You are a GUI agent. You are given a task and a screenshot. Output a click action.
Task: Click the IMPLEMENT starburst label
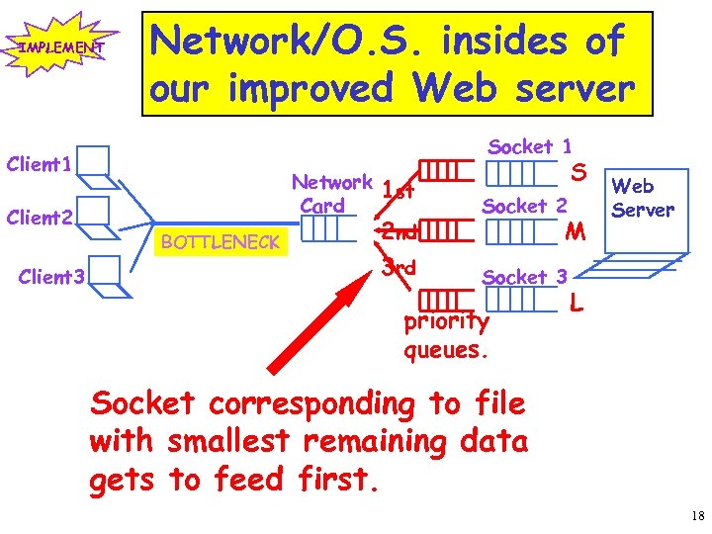(57, 46)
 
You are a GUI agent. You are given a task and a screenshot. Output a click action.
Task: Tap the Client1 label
(40, 164)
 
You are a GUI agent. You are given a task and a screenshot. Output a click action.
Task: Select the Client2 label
(41, 217)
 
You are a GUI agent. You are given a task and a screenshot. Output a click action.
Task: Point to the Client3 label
(52, 278)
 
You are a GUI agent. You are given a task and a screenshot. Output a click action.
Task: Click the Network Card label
(331, 194)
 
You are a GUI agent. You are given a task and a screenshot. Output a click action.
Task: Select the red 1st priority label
(398, 190)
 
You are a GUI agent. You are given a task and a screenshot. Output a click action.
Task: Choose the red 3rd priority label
(399, 268)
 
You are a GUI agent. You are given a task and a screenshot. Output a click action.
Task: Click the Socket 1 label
(530, 146)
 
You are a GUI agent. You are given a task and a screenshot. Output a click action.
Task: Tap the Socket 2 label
(524, 206)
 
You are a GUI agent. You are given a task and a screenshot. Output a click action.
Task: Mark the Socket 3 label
(524, 278)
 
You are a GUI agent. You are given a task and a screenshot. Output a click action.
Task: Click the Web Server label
(643, 198)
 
